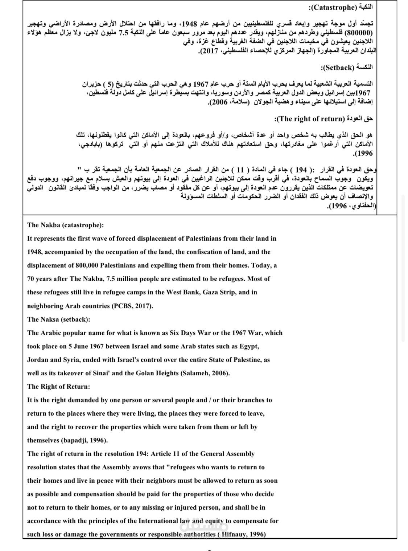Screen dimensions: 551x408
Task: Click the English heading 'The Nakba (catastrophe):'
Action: click(65, 225)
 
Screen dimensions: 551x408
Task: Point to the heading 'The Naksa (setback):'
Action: click(58, 319)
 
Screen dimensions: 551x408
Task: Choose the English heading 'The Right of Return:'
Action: click(58, 387)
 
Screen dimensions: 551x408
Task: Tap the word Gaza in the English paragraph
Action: click(212, 292)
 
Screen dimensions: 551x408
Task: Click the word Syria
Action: click(71, 360)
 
